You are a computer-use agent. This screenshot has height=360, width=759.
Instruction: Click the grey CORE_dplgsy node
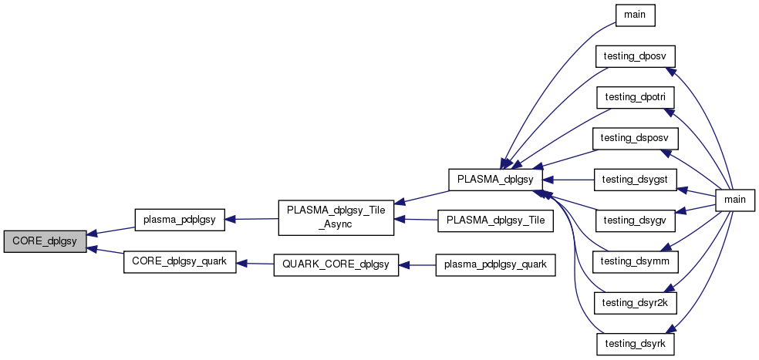(x=45, y=241)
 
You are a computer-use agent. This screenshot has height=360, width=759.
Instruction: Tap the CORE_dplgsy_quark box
(x=180, y=262)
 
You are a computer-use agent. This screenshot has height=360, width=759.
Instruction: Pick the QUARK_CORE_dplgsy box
(x=336, y=265)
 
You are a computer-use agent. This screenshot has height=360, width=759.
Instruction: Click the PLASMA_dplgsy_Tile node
(x=495, y=220)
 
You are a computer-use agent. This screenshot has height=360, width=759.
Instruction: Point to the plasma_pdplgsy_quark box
(x=495, y=265)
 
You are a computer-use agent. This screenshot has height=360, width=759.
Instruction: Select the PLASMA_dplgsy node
(x=496, y=179)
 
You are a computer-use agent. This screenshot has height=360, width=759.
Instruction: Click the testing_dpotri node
(x=635, y=97)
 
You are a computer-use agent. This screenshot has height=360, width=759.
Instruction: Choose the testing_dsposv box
(x=635, y=138)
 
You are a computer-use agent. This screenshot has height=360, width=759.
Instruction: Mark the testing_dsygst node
(x=635, y=179)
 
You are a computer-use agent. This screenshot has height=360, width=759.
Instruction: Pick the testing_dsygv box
(x=635, y=220)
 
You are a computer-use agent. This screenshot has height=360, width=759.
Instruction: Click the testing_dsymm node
(x=635, y=261)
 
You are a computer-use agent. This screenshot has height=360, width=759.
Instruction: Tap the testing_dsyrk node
(x=635, y=342)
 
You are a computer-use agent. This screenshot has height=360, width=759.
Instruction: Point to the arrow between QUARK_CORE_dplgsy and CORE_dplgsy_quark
(x=255, y=264)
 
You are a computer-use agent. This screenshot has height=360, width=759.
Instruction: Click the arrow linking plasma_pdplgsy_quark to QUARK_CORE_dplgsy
(x=417, y=265)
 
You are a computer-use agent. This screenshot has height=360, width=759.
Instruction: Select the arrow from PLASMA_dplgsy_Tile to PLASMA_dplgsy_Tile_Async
(x=416, y=220)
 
